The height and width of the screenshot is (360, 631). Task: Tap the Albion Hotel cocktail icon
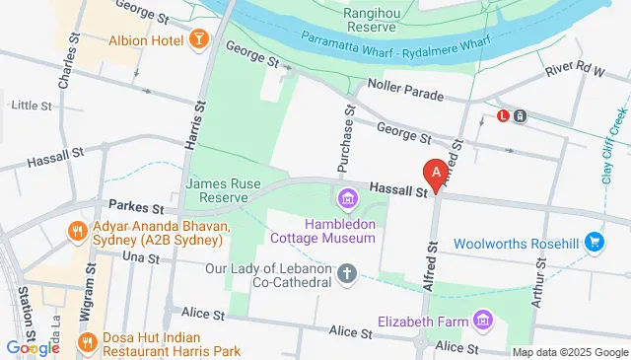click(x=198, y=39)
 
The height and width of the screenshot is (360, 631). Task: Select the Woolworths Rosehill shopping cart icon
click(x=594, y=242)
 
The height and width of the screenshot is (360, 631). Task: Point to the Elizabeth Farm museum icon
click(x=482, y=321)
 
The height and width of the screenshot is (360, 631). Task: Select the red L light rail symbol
click(x=503, y=115)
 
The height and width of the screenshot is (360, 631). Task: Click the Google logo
click(x=33, y=346)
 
